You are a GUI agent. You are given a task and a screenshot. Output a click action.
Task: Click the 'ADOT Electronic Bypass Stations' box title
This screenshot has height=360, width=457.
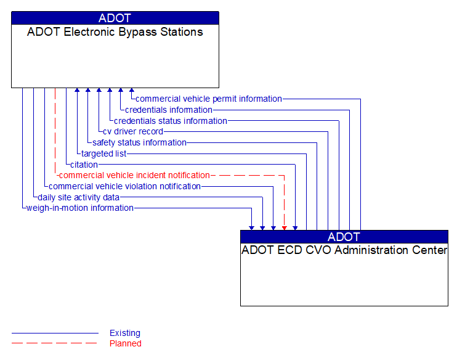tap(115, 32)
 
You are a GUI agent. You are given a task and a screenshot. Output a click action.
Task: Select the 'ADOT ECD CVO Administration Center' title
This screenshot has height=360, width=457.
tap(344, 250)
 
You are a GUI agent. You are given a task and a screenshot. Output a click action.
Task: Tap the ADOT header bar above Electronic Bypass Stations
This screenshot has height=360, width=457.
tap(115, 18)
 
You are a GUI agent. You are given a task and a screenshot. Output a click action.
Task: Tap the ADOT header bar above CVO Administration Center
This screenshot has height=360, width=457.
tap(344, 237)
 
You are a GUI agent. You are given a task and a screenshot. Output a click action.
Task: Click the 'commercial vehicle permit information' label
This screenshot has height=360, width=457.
tap(208, 99)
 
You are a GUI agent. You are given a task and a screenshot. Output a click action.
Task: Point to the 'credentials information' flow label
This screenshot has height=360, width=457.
tap(168, 110)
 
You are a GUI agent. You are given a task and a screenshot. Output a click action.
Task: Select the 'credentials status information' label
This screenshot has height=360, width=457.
tap(170, 121)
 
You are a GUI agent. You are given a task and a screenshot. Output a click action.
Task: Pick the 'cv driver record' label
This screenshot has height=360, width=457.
tap(133, 131)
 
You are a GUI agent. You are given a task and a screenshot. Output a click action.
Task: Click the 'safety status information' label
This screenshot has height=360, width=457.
tap(139, 142)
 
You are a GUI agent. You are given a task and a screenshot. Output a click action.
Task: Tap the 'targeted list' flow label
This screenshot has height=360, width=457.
tap(103, 153)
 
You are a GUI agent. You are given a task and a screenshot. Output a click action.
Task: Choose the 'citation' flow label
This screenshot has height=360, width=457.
tap(84, 165)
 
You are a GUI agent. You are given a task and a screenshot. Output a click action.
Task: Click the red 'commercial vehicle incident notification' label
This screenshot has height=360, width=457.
tap(134, 175)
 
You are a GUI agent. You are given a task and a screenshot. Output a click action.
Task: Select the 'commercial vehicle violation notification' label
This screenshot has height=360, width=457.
tap(124, 186)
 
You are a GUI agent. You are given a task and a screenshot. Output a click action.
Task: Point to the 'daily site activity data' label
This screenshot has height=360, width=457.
tap(78, 197)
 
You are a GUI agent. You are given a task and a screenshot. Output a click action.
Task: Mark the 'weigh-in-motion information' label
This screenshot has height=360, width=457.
tap(79, 208)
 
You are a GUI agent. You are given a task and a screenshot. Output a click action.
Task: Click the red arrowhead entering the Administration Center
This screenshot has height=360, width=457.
tap(284, 227)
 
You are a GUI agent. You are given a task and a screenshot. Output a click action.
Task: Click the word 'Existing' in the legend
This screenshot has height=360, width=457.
tap(125, 333)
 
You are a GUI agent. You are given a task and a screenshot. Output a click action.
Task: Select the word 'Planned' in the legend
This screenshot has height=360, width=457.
tap(126, 343)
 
